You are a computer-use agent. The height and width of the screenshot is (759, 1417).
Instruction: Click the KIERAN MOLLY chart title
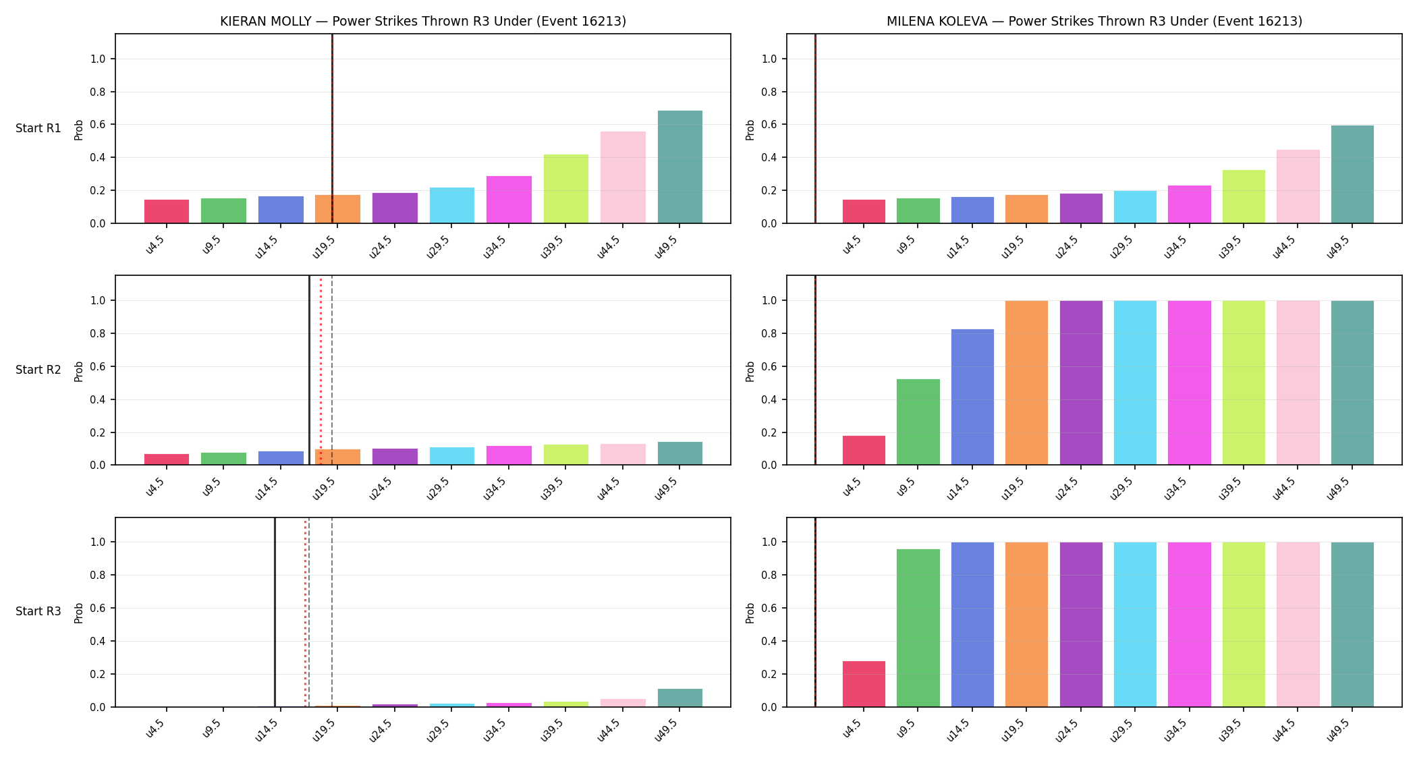(423, 21)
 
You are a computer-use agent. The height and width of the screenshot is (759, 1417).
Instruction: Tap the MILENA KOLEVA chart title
(1094, 21)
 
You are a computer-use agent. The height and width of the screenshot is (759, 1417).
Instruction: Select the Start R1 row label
(38, 128)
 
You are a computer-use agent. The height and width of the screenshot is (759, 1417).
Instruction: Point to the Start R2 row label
(38, 370)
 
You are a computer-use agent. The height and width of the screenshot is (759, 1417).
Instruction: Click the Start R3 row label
(38, 611)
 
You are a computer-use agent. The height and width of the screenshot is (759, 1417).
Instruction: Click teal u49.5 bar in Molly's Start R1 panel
(680, 167)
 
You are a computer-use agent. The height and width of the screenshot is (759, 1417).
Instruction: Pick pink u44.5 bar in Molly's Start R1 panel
(623, 177)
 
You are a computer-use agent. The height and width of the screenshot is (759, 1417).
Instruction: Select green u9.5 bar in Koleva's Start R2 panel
(918, 422)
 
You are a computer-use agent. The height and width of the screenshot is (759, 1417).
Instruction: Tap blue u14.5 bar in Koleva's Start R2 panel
(972, 397)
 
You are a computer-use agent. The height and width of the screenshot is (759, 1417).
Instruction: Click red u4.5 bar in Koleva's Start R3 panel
(864, 684)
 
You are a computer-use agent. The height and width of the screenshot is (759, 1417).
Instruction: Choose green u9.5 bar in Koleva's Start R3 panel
(918, 628)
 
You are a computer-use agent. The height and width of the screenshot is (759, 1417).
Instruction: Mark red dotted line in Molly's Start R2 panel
(321, 370)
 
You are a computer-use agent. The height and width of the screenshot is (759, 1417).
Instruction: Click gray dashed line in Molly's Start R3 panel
(332, 613)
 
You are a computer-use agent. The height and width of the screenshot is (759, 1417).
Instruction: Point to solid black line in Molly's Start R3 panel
(275, 613)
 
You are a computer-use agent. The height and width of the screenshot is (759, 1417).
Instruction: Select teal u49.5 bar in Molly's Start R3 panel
(680, 698)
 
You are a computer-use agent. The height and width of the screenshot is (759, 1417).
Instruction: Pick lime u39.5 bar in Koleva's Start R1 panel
(1244, 196)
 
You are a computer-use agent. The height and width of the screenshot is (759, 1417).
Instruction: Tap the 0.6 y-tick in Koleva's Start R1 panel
(769, 125)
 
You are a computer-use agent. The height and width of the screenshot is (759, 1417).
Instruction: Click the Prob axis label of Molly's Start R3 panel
(79, 613)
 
